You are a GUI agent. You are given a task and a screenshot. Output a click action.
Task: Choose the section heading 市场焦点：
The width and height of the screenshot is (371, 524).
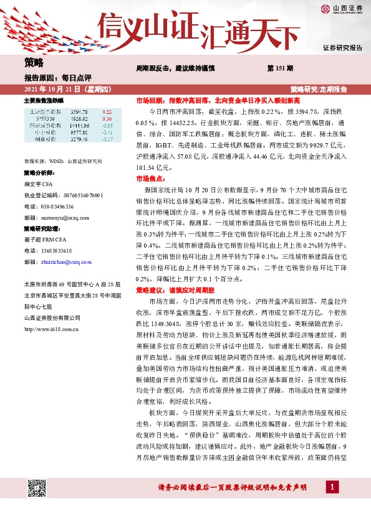click(152, 177)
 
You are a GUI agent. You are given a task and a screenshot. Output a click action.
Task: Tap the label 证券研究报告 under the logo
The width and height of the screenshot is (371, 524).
click(342, 47)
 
